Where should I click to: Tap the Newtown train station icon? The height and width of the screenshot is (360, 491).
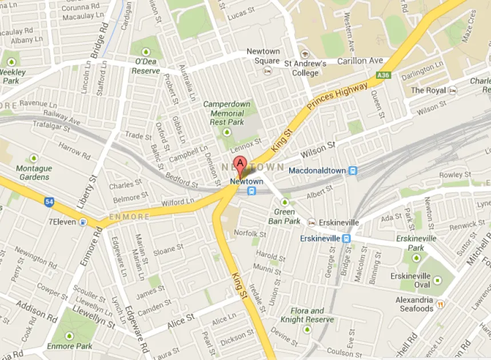tap(252, 191)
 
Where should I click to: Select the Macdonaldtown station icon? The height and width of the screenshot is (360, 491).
tap(353, 170)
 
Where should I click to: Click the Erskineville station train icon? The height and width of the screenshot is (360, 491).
tap(346, 238)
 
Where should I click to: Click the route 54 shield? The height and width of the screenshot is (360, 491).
tap(49, 201)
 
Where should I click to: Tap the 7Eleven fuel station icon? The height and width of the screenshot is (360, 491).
tap(84, 222)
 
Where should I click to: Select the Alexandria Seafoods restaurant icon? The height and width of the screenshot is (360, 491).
tap(441, 305)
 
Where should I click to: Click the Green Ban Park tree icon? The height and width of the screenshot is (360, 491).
tap(285, 202)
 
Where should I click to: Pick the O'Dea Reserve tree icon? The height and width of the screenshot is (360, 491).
tap(146, 49)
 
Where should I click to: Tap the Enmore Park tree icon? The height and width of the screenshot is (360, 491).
tap(70, 335)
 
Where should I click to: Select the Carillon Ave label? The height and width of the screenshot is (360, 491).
tap(360, 61)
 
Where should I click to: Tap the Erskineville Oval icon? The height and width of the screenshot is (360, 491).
tap(437, 280)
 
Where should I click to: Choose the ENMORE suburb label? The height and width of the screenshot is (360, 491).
tap(130, 217)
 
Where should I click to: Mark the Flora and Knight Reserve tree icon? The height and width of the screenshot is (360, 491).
tap(307, 330)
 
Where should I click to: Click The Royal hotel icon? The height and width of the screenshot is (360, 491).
tap(453, 90)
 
